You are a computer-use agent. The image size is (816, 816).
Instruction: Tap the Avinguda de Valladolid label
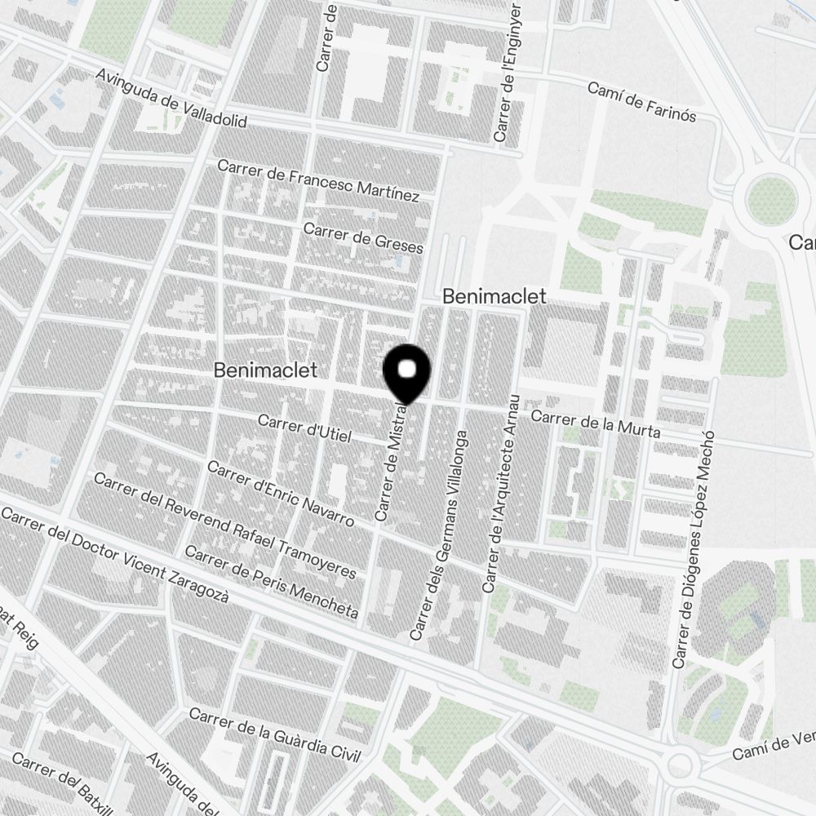(171, 100)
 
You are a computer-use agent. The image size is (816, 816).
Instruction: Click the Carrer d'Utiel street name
(304, 428)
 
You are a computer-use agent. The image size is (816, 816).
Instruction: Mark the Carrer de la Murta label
(596, 424)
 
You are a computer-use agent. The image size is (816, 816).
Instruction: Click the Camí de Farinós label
(641, 101)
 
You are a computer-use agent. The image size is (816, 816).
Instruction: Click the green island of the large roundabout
(769, 200)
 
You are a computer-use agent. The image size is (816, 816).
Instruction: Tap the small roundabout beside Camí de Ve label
(679, 765)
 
